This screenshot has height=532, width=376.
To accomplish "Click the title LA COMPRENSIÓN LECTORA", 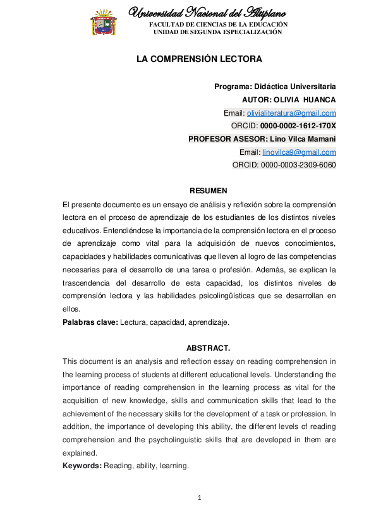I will [x=199, y=59].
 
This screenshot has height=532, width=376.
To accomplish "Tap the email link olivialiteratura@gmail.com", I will [x=291, y=113].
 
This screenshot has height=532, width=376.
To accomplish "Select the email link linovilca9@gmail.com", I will [x=299, y=152].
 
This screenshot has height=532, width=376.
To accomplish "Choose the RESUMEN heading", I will [x=208, y=191].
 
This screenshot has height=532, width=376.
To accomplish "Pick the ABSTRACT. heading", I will [x=208, y=348].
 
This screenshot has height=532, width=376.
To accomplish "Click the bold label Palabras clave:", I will [x=90, y=322].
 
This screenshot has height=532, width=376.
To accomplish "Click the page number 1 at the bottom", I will [x=199, y=499].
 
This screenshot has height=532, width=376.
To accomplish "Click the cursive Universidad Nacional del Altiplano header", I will [x=207, y=13].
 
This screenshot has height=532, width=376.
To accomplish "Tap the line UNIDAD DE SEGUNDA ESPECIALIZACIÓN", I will [x=218, y=32].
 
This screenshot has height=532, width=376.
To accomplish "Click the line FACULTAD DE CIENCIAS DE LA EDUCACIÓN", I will [x=218, y=25].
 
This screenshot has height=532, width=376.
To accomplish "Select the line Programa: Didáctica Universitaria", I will [x=275, y=86].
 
